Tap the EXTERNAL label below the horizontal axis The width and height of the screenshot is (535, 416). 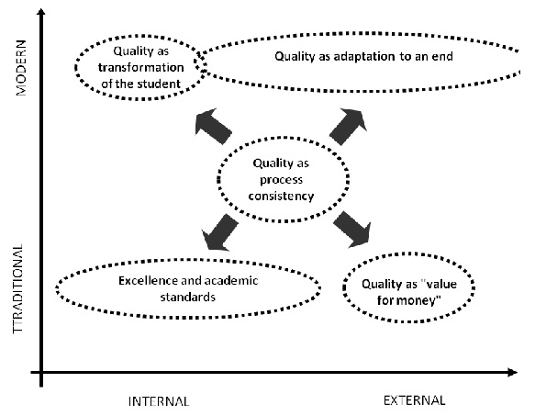pyautogui.click(x=414, y=400)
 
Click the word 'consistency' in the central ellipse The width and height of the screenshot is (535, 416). pyautogui.click(x=284, y=196)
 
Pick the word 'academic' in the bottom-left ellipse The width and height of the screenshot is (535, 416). pyautogui.click(x=228, y=280)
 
